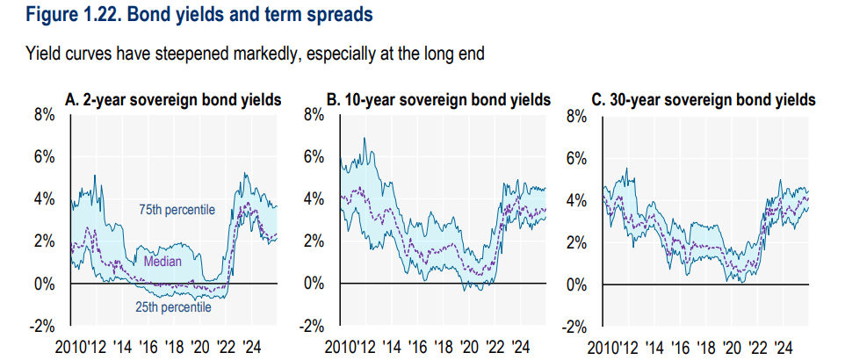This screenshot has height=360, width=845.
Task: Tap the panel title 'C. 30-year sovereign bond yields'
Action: tap(704, 100)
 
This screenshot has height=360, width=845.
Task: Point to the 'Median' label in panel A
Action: tap(163, 261)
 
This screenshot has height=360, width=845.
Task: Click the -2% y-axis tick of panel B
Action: tap(310, 327)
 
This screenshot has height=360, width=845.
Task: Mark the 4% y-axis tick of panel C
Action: tap(576, 199)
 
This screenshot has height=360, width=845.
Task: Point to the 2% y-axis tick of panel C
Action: tap(576, 242)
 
